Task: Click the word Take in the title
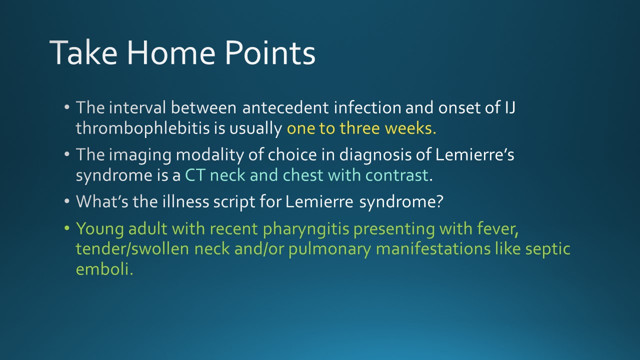[83, 52]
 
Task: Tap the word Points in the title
[270, 52]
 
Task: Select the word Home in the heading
[171, 52]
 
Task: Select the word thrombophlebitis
[143, 128]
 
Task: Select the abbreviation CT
[195, 175]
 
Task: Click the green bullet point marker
[67, 228]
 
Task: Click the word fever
[497, 229]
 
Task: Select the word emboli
[104, 269]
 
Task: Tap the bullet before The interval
[67, 107]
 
